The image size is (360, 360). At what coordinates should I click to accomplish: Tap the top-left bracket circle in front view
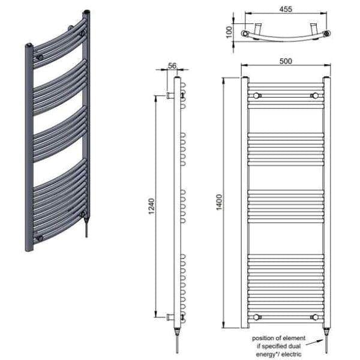[257, 95]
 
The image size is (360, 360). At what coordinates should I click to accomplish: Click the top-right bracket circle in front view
[313, 95]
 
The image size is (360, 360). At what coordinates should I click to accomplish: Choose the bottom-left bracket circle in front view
[257, 316]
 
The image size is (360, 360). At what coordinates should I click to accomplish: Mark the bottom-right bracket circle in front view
[313, 316]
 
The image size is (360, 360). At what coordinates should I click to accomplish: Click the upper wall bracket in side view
[171, 95]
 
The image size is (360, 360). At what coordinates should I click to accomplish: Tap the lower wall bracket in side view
[171, 316]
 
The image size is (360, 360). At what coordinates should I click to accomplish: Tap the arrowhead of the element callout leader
[322, 340]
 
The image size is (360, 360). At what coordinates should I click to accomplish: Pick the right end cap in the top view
[326, 34]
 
